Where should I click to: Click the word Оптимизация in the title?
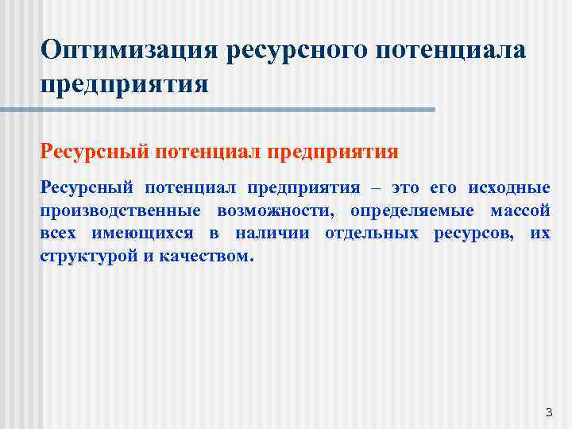point(128,51)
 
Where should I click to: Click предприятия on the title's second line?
point(125,83)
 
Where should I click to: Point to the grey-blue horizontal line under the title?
point(238,110)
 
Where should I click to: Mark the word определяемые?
point(410,211)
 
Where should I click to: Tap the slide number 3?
point(548,412)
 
